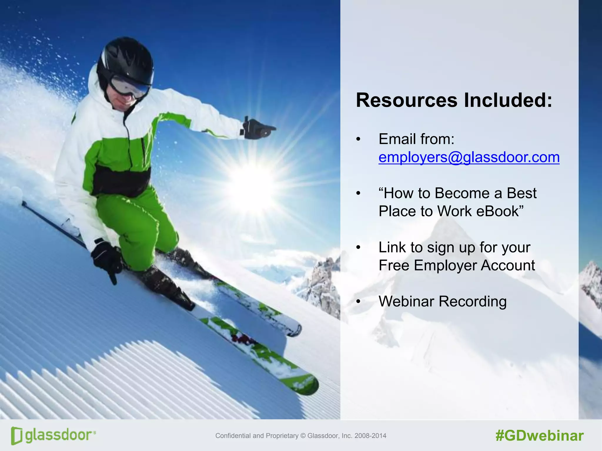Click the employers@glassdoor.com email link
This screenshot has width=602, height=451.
pyautogui.click(x=469, y=157)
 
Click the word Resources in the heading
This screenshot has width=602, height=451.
pyautogui.click(x=407, y=100)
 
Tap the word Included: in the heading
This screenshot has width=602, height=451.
pyautogui.click(x=508, y=100)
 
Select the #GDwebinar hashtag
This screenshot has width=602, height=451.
pyautogui.click(x=539, y=436)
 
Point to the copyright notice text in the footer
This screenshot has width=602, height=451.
pyautogui.click(x=301, y=436)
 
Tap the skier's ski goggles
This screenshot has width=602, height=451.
pyautogui.click(x=129, y=87)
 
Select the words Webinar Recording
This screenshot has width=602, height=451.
pyautogui.click(x=442, y=302)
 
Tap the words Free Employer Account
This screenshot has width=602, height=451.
pyautogui.click(x=456, y=265)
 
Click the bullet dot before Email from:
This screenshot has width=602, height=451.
pyautogui.click(x=358, y=139)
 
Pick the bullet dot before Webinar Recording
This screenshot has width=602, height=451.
pyautogui.click(x=358, y=302)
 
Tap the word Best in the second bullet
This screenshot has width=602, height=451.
pyautogui.click(x=521, y=193)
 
